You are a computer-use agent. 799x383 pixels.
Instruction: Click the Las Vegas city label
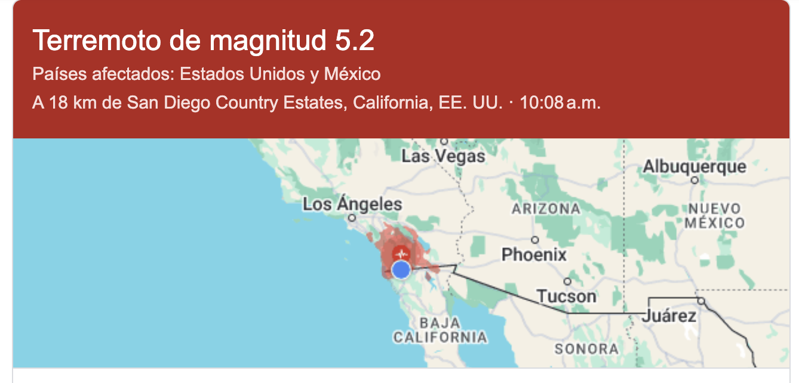coord(443,157)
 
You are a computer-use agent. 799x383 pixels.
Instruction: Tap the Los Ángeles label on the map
coord(352,205)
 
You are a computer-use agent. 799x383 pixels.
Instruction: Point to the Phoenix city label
coord(534,255)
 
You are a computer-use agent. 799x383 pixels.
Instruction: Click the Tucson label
coord(566,296)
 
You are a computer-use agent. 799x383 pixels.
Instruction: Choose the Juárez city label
coord(669,316)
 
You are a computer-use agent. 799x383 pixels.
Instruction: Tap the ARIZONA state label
coord(546,209)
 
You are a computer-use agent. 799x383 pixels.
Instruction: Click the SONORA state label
coord(586,349)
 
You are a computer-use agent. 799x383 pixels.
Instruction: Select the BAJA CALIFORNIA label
coord(440,331)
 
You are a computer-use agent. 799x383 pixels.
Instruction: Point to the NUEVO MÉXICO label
coord(715,216)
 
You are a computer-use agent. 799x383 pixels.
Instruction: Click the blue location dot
coord(401,270)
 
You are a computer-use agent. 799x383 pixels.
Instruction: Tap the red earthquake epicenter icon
coord(402,251)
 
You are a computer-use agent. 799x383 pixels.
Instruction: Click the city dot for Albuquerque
coord(694,179)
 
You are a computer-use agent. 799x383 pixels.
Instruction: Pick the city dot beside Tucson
coord(567,282)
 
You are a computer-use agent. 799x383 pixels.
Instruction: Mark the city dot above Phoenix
coord(535,240)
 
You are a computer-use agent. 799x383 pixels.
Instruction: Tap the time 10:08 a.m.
coord(560,103)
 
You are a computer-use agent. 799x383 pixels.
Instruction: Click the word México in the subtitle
coord(352,75)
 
